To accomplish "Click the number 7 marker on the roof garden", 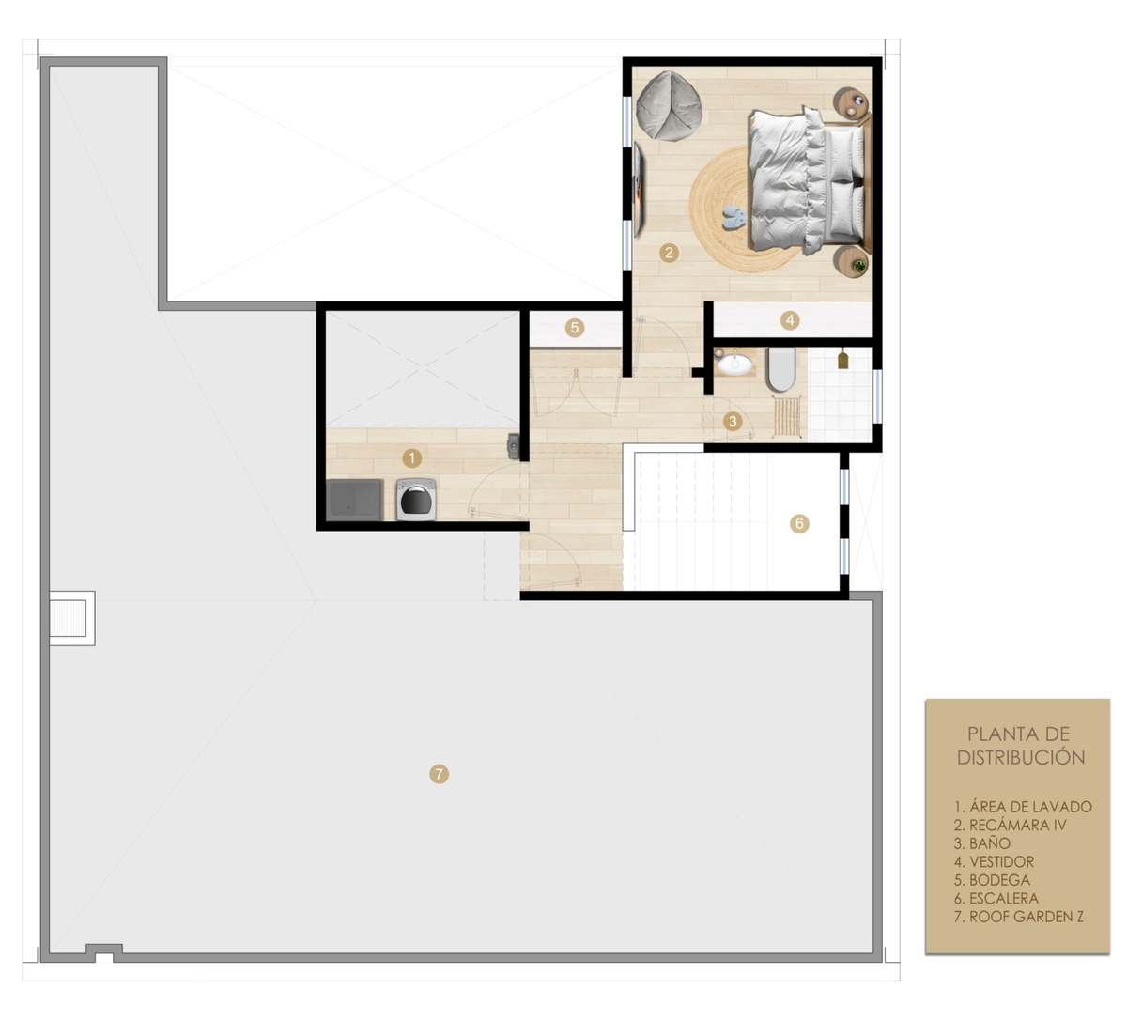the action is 439,774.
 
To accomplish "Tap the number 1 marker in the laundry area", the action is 411,458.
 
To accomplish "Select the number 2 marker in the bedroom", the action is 669,253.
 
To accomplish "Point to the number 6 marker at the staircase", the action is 799,524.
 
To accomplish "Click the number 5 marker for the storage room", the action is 574,328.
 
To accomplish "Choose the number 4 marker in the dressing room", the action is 790,320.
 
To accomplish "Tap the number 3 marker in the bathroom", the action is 732,421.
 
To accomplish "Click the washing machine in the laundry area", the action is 416,499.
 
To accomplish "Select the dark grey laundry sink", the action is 354,499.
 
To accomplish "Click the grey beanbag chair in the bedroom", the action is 669,105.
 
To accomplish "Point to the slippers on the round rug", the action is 733,218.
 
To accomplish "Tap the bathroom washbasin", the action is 733,363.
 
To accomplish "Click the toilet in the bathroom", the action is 781,369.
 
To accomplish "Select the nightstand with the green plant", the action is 852,262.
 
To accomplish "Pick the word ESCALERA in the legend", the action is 1004,898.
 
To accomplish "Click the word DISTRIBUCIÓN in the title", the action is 1021,758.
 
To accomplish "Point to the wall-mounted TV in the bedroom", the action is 639,190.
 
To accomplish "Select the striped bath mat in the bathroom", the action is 786,416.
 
